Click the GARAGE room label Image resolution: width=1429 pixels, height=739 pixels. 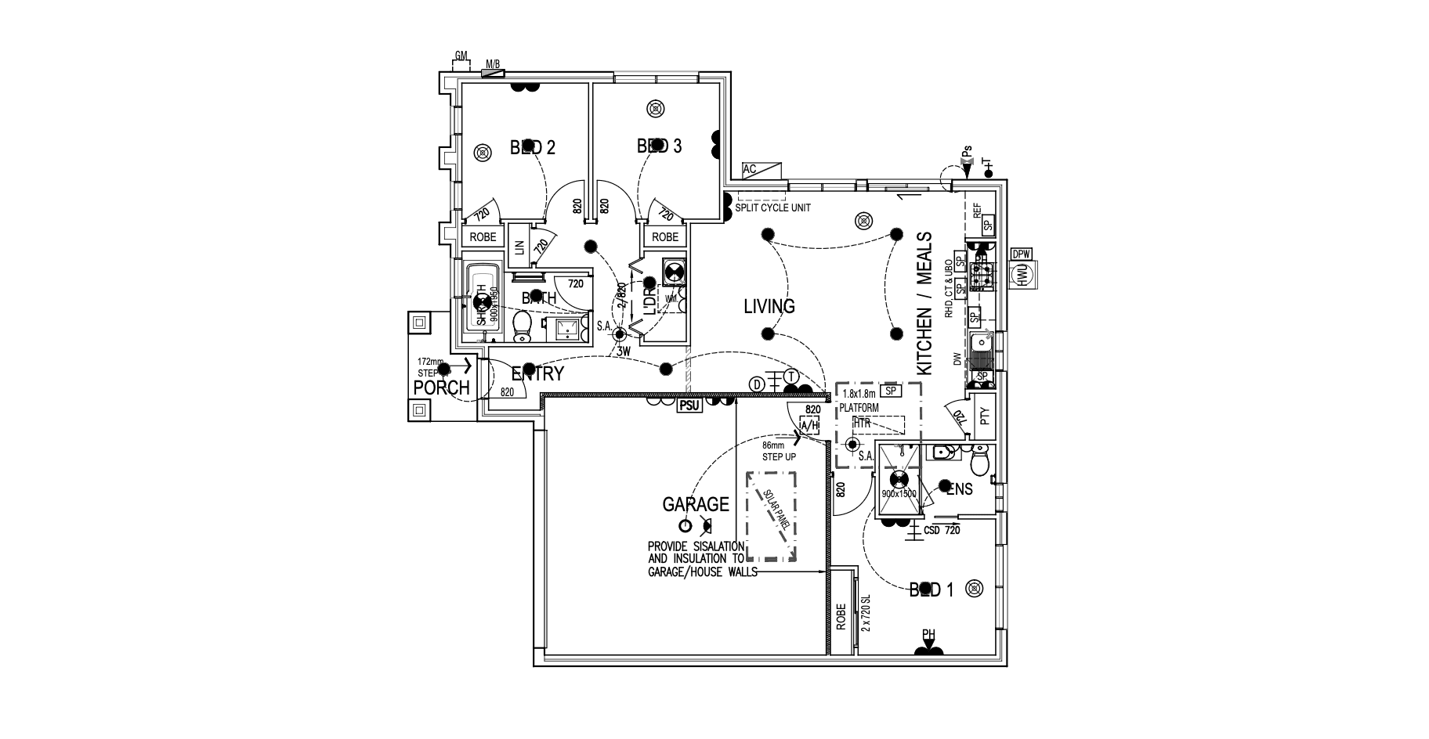tap(696, 505)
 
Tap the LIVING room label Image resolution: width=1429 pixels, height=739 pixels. tap(769, 307)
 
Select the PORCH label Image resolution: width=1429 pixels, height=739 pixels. tap(442, 388)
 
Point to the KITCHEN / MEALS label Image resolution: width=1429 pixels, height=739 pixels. tap(924, 303)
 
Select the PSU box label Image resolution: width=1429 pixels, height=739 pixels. tap(689, 405)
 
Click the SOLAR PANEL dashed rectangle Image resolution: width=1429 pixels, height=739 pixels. tap(772, 516)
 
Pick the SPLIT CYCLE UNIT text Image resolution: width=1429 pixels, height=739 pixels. tap(772, 208)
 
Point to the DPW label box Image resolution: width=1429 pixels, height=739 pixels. tap(1021, 254)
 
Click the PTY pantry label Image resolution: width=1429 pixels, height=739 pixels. tap(985, 414)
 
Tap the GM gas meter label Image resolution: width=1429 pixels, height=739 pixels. tap(461, 56)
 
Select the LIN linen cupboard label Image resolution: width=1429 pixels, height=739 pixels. tap(518, 247)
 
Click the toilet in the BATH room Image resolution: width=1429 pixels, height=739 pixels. tap(521, 328)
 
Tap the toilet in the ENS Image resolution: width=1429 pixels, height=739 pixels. tap(979, 461)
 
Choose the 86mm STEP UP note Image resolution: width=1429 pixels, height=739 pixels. tap(779, 451)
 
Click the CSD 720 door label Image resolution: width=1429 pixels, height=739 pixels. tap(942, 530)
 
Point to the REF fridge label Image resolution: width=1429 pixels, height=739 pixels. tap(977, 210)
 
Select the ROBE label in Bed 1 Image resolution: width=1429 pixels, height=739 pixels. tap(841, 616)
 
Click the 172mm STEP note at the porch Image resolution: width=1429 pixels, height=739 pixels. tap(430, 368)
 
